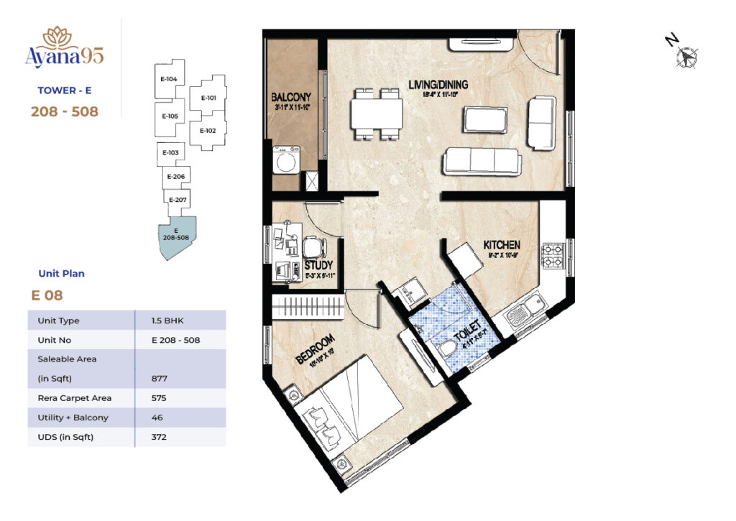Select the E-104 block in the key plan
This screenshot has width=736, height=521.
click(170, 79)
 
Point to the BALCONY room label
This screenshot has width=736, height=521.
click(290, 97)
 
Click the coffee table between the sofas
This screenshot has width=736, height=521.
click(485, 119)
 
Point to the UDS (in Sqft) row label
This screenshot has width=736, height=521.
click(65, 437)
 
